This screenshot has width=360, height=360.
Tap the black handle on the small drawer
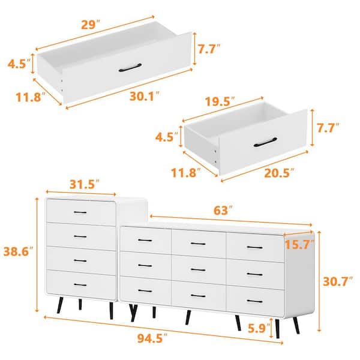point(265,142)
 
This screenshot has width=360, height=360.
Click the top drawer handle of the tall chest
point(80,212)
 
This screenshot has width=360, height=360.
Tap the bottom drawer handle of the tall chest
point(80,284)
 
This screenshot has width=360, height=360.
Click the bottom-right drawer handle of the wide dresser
point(254,301)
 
